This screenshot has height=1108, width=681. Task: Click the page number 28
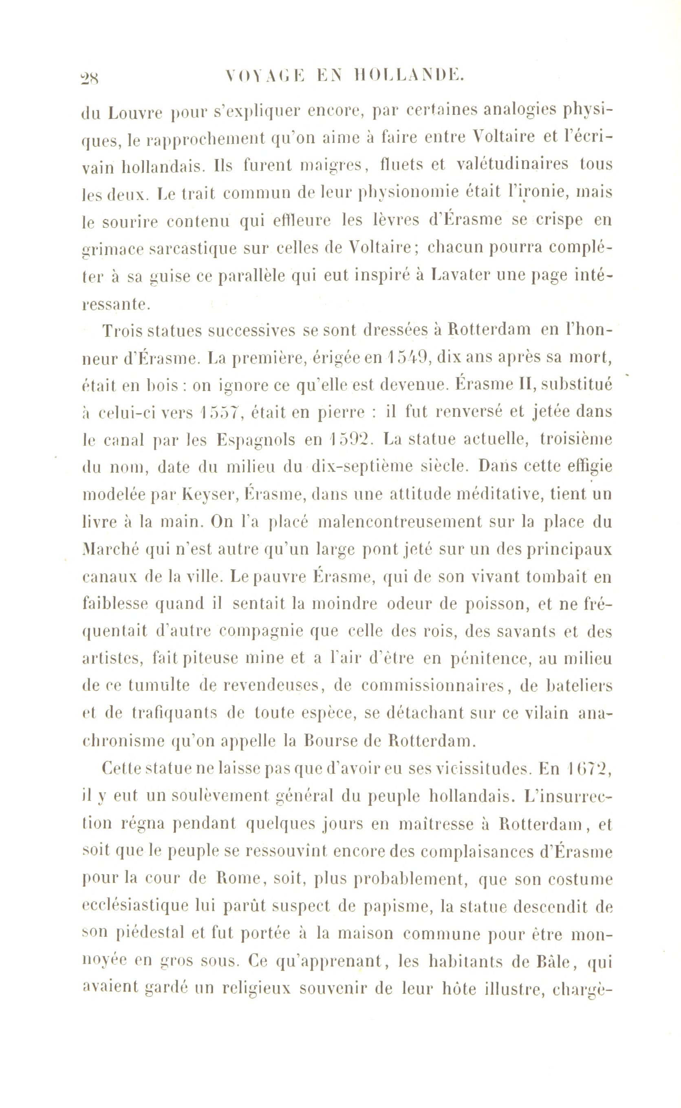click(x=91, y=77)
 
